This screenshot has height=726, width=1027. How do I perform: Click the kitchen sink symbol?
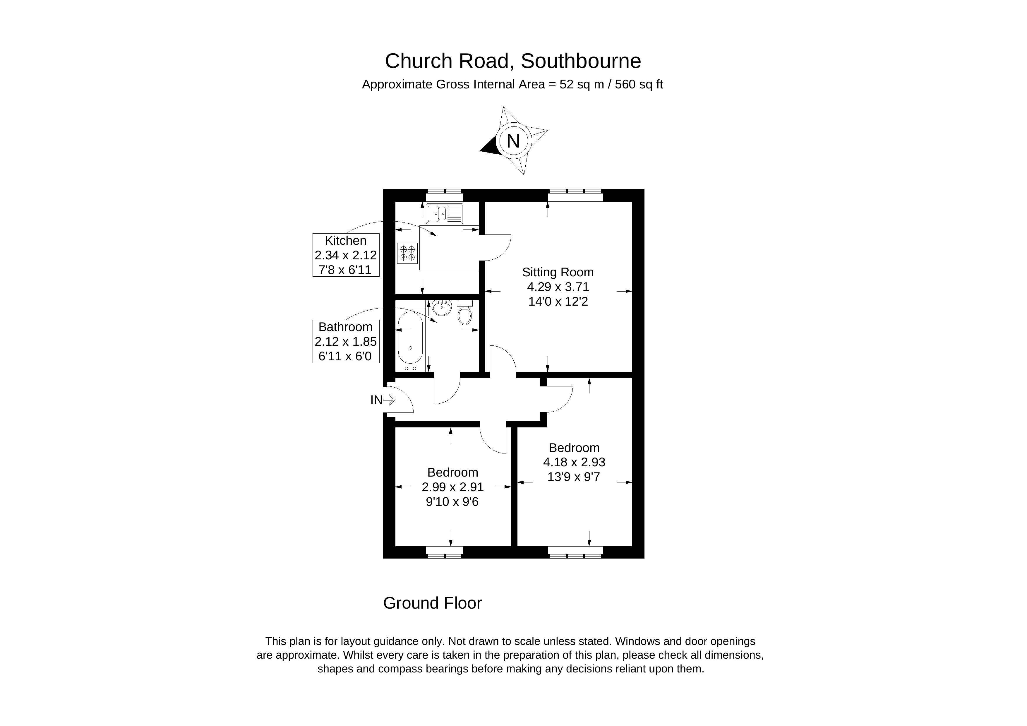(444, 213)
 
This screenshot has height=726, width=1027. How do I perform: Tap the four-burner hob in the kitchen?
(407, 253)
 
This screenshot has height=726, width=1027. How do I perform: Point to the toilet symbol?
(465, 314)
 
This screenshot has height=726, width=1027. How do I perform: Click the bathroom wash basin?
(442, 307)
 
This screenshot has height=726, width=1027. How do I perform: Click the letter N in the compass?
(513, 141)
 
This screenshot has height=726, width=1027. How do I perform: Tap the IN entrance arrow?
(389, 400)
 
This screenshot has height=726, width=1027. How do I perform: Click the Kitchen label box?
(346, 255)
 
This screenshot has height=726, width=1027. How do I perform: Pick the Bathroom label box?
(346, 341)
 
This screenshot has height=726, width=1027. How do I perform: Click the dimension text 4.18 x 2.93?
(574, 462)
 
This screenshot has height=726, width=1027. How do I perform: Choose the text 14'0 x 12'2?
(558, 302)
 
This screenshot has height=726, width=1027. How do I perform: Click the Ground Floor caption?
(432, 603)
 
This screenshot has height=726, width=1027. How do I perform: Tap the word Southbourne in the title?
(581, 61)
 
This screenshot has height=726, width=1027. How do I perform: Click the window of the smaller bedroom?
(444, 552)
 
